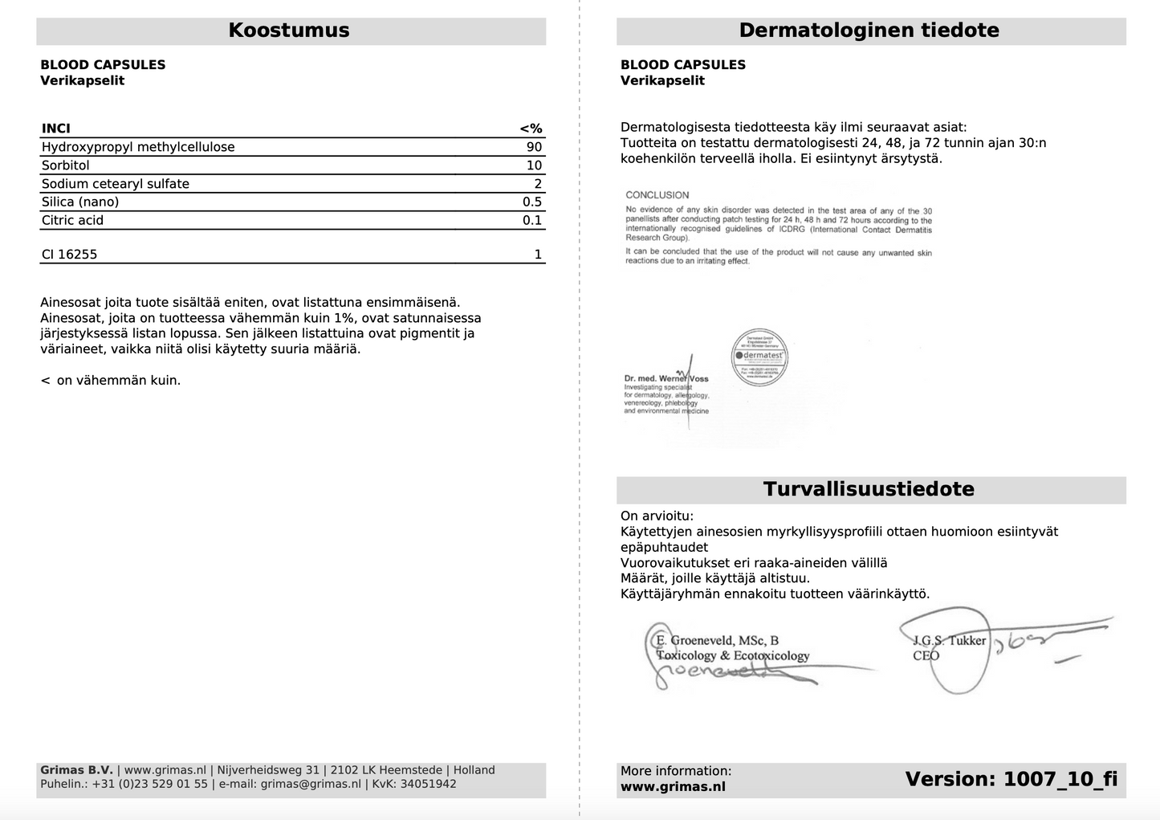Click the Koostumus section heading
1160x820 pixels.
point(289,31)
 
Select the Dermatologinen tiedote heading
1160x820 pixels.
point(869,31)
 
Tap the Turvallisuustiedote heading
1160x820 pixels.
point(869,489)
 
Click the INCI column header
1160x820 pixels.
point(56,129)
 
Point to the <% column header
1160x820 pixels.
point(531,129)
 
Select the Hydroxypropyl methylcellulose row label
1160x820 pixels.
point(138,147)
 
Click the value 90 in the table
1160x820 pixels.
point(534,147)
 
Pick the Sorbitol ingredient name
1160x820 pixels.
point(66,165)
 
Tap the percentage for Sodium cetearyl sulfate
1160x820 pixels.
point(538,184)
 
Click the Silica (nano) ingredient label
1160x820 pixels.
point(80,202)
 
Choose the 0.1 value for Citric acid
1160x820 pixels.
point(532,220)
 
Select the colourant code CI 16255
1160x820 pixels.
point(70,255)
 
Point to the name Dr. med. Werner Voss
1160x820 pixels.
point(666,378)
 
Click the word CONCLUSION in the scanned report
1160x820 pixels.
point(657,195)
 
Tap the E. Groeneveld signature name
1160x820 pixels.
point(717,640)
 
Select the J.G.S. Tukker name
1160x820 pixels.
point(949,640)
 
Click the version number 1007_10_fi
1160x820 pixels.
point(1060,779)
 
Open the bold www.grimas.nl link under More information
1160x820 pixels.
point(673,787)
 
